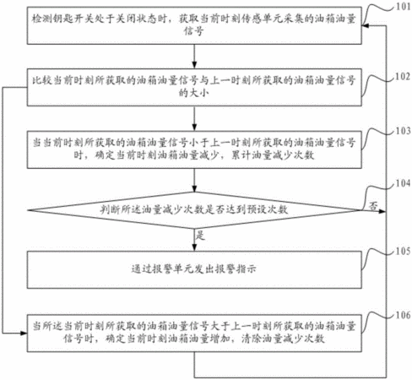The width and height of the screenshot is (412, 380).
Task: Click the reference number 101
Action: click(404, 7)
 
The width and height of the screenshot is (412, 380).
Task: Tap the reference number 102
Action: click(403, 76)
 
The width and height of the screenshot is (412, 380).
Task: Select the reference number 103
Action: click(404, 131)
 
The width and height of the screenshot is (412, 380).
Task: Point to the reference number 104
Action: click(404, 183)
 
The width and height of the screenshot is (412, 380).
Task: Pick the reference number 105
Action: click(404, 251)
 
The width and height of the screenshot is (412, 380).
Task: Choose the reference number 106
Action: click(404, 315)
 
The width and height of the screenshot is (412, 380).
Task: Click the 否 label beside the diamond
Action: click(373, 206)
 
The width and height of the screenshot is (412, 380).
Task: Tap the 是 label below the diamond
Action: click(200, 235)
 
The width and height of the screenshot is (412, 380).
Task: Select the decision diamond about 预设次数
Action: click(194, 210)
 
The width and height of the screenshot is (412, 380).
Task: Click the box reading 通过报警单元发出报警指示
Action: click(194, 269)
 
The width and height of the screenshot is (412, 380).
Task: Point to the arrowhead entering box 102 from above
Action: click(194, 65)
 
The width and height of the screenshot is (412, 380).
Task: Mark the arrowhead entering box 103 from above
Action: click(194, 128)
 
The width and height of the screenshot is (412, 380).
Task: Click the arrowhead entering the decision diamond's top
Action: click(194, 188)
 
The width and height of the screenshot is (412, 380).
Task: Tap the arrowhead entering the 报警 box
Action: click(194, 247)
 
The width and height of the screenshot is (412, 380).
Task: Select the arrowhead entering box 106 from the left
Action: click(24, 334)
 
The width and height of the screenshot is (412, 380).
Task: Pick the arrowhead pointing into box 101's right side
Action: click(366, 26)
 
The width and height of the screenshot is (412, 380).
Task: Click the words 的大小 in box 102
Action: click(194, 93)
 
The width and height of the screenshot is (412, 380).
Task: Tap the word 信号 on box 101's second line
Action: click(194, 30)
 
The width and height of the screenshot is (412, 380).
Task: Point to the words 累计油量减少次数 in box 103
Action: click(273, 155)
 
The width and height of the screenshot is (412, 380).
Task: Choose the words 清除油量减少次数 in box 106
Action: click(283, 339)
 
